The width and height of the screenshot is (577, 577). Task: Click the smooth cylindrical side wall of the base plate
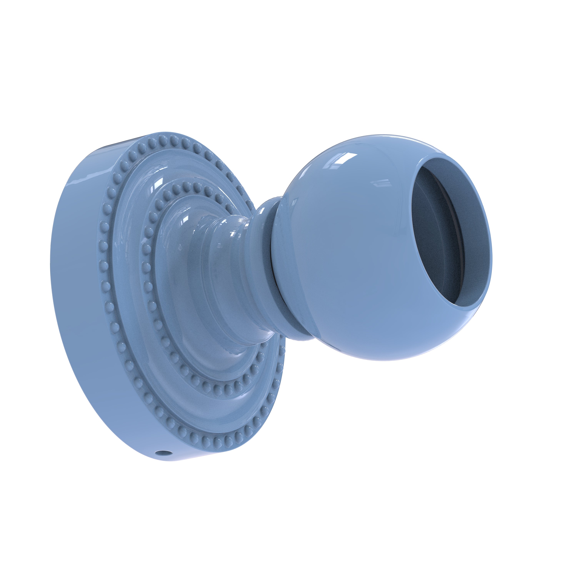point(78,299)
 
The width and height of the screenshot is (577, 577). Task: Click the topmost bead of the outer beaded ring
point(163,138)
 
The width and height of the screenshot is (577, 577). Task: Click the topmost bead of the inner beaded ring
point(190,185)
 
